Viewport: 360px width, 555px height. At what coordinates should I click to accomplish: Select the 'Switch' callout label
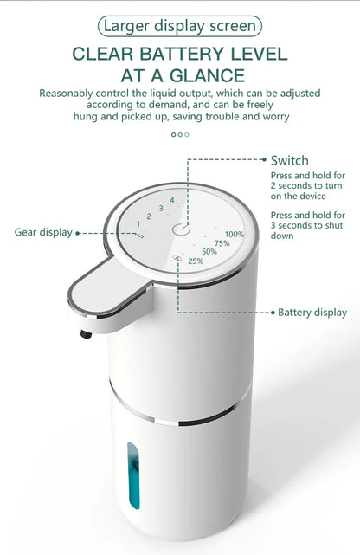click(x=289, y=160)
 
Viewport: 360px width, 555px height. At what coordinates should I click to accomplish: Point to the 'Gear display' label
click(x=43, y=232)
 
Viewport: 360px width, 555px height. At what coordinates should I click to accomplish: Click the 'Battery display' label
click(x=312, y=313)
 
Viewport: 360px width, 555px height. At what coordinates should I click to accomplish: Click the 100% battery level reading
click(x=235, y=234)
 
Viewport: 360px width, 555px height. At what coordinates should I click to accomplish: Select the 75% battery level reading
click(x=222, y=243)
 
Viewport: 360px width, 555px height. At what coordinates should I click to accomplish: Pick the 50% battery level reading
click(x=209, y=252)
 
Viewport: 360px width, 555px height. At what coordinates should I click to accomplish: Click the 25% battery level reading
click(x=196, y=261)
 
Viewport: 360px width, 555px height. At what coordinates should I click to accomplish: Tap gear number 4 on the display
click(x=172, y=200)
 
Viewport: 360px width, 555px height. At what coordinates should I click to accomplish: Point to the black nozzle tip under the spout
click(x=84, y=333)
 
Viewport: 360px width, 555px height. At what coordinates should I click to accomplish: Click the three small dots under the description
click(x=180, y=134)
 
